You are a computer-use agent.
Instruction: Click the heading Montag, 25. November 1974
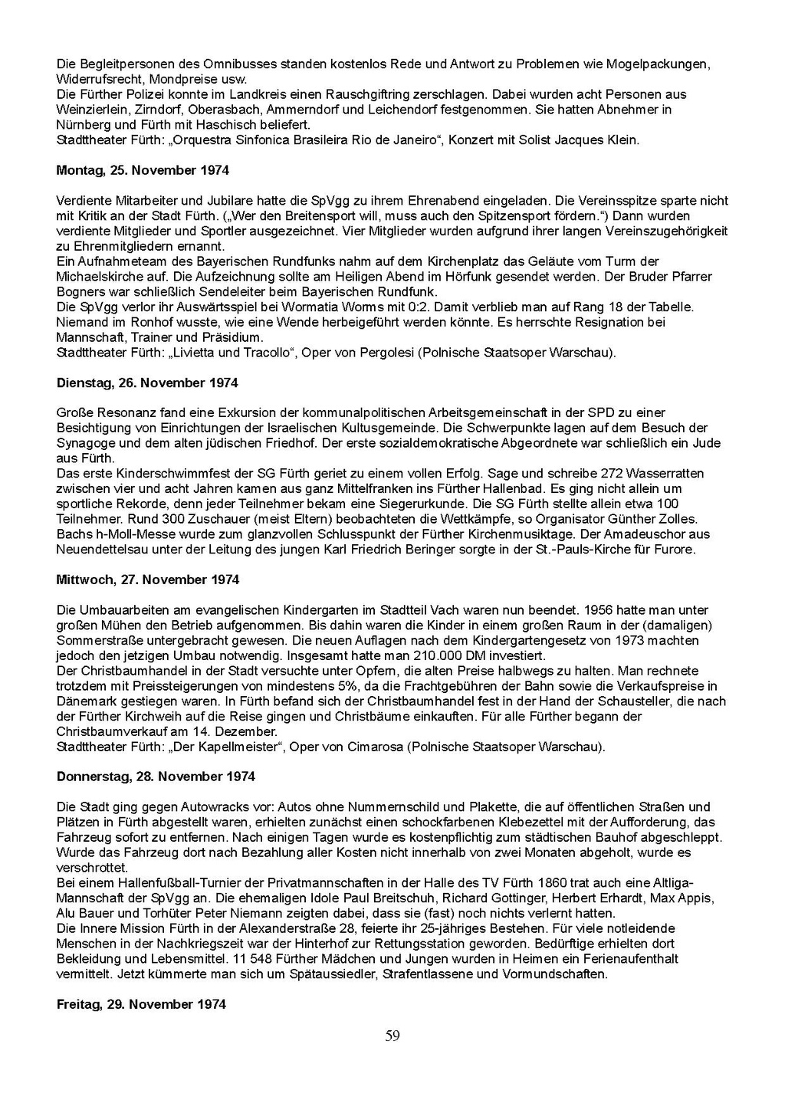coord(143,170)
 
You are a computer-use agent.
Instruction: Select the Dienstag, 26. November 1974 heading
coord(147,383)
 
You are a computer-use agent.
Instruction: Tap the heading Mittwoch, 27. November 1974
coord(148,580)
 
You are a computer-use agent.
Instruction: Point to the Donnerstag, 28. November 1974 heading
coord(156,777)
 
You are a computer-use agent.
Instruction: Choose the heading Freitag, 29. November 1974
coord(141,1004)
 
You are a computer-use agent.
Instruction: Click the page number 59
coord(392,1036)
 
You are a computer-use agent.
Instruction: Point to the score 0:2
coord(420,307)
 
